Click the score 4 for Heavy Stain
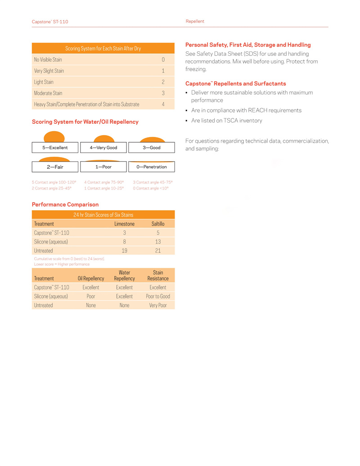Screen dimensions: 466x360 pyautogui.click(x=163, y=104)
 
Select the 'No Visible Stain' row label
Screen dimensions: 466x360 pyautogui.click(x=48, y=59)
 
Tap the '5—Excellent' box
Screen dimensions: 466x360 pyautogui.click(x=55, y=147)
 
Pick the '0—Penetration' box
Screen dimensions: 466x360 pyautogui.click(x=152, y=167)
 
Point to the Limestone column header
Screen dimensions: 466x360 pyautogui.click(x=124, y=224)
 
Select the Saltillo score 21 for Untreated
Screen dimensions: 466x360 pyautogui.click(x=158, y=250)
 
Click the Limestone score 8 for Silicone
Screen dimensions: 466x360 pyautogui.click(x=125, y=242)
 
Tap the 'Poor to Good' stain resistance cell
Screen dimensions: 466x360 pyautogui.click(x=158, y=296)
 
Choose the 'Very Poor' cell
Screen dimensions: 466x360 pyautogui.click(x=158, y=305)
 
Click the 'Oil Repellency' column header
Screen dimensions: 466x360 pyautogui.click(x=91, y=279)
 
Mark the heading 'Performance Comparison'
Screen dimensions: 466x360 pyautogui.click(x=65, y=204)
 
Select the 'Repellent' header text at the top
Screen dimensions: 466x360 pyautogui.click(x=195, y=21)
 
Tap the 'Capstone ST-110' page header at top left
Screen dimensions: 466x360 pyautogui.click(x=50, y=22)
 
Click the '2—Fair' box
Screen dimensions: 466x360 pyautogui.click(x=55, y=167)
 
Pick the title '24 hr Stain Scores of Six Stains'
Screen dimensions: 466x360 pyautogui.click(x=103, y=215)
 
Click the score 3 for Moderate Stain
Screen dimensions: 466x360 pyautogui.click(x=163, y=93)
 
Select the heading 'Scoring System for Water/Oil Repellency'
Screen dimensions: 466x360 pyautogui.click(x=85, y=122)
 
